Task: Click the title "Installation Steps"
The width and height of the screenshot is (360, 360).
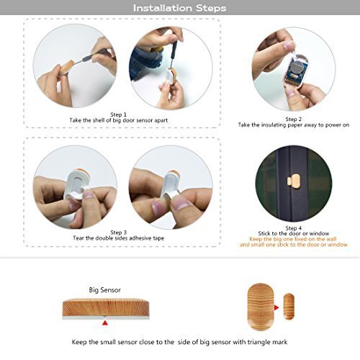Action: tap(179, 8)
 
